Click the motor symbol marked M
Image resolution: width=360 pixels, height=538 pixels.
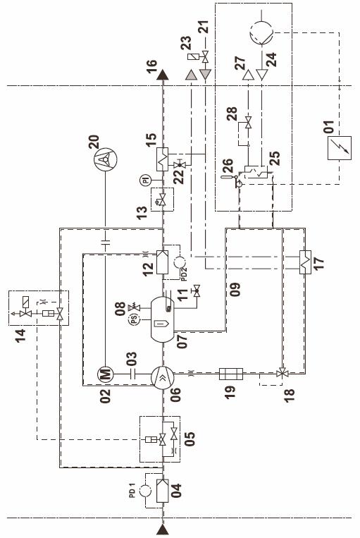pyautogui.click(x=106, y=374)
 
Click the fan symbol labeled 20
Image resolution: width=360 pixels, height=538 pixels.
pyautogui.click(x=105, y=159)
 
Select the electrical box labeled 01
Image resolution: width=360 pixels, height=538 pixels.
pyautogui.click(x=339, y=148)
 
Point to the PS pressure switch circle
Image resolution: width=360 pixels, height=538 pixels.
pyautogui.click(x=134, y=320)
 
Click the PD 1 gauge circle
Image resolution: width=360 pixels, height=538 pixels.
pyautogui.click(x=145, y=491)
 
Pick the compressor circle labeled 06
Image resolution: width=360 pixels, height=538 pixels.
pyautogui.click(x=163, y=377)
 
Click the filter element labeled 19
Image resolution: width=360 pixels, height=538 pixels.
pyautogui.click(x=231, y=374)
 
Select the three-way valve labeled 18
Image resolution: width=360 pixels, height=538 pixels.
pyautogui.click(x=283, y=372)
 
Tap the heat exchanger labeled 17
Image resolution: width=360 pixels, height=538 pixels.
pyautogui.click(x=305, y=262)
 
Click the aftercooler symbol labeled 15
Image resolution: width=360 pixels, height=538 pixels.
pyautogui.click(x=163, y=159)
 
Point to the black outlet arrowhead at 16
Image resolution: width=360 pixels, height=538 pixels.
pyautogui.click(x=163, y=75)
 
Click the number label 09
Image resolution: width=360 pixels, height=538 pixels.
pyautogui.click(x=235, y=290)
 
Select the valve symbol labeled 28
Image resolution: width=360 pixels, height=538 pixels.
pyautogui.click(x=248, y=123)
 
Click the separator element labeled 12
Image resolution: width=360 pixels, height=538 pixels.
pyautogui.click(x=162, y=262)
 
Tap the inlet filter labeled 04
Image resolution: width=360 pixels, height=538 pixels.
pyautogui.click(x=162, y=491)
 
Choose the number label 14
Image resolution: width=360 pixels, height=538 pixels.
pyautogui.click(x=20, y=336)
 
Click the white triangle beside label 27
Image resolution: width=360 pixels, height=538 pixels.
pyautogui.click(x=248, y=75)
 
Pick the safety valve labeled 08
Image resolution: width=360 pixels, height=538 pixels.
pyautogui.click(x=134, y=307)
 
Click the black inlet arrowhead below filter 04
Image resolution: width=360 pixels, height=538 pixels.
pyautogui.click(x=163, y=530)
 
